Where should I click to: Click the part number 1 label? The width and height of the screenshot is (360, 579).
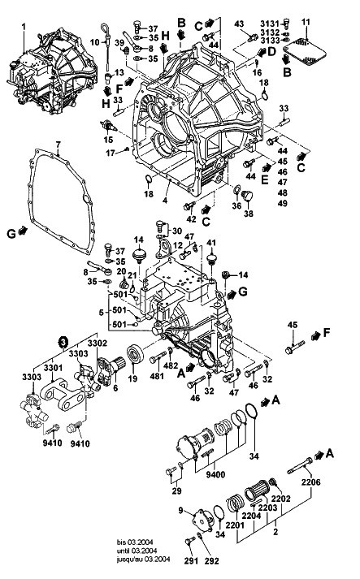point(24,27)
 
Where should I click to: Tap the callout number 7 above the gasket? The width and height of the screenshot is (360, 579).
point(58,145)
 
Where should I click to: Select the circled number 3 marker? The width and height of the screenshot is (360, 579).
point(64,342)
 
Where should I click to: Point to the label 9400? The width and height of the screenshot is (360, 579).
point(215,473)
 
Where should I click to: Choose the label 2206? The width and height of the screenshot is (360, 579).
point(310,482)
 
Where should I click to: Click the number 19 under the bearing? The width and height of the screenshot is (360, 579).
point(132,378)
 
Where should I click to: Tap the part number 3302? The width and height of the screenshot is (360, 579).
point(98,344)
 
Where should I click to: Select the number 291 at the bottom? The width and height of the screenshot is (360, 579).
point(192,560)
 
